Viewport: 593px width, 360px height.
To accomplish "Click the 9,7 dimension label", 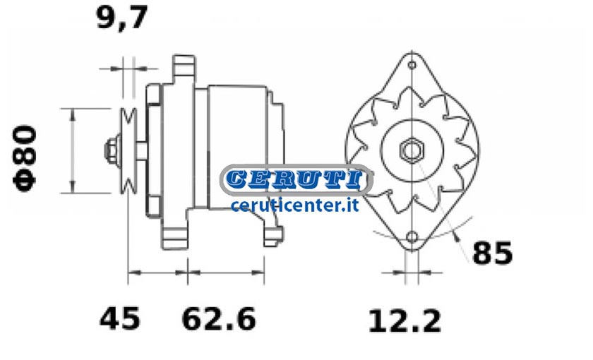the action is pyautogui.click(x=121, y=18).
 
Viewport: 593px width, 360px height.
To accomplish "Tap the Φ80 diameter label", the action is pyautogui.click(x=25, y=158).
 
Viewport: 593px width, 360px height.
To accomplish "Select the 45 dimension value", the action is pyautogui.click(x=119, y=319).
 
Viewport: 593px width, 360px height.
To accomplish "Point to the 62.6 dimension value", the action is pyautogui.click(x=219, y=319).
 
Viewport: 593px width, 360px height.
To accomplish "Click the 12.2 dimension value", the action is pyautogui.click(x=405, y=321).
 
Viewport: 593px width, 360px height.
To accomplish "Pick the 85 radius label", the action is pyautogui.click(x=493, y=253).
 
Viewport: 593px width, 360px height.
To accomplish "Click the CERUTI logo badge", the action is pyautogui.click(x=296, y=180).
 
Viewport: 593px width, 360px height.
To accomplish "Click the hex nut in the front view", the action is pyautogui.click(x=412, y=150).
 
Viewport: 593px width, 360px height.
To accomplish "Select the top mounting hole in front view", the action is pyautogui.click(x=412, y=65).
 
